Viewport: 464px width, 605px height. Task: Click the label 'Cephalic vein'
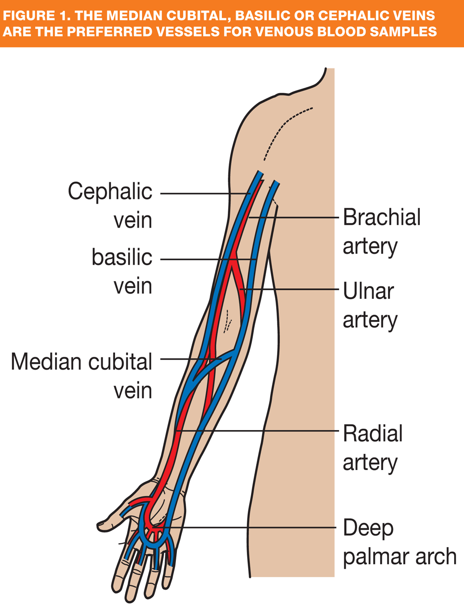point(110,205)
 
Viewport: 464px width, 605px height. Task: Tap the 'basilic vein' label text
point(122,271)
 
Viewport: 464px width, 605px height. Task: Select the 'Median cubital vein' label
point(82,376)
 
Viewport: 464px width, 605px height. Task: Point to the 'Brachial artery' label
point(381,231)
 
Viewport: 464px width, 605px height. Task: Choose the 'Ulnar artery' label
point(369,305)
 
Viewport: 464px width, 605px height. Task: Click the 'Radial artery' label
point(373,448)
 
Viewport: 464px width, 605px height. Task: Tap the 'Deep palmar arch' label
point(399,542)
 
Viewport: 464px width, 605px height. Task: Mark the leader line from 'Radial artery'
point(260,431)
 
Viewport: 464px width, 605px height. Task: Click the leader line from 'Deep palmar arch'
point(251,528)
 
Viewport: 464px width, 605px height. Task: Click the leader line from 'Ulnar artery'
point(292,290)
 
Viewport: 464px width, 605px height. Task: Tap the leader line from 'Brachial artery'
point(292,217)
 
